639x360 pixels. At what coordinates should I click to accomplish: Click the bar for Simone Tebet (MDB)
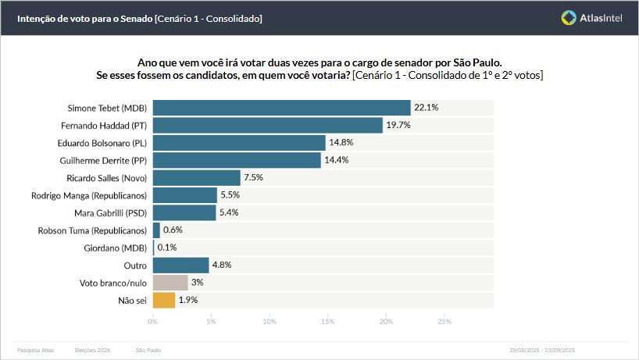click(281, 108)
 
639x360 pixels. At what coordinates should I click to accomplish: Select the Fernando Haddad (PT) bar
click(267, 125)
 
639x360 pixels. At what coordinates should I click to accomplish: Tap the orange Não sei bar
click(163, 300)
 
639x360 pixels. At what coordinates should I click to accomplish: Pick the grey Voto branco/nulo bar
click(170, 283)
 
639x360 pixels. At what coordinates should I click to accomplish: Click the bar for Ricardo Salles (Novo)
click(196, 178)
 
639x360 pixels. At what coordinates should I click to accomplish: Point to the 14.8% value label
click(341, 143)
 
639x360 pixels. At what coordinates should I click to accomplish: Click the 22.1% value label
click(426, 108)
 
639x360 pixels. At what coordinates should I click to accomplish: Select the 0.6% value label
click(172, 230)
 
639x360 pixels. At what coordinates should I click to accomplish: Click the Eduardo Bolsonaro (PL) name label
click(102, 143)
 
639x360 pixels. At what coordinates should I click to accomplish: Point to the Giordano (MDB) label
click(115, 248)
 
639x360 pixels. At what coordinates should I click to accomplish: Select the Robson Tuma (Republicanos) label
click(92, 230)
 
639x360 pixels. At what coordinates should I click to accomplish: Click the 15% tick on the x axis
click(327, 321)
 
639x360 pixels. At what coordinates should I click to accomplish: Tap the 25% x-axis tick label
click(444, 321)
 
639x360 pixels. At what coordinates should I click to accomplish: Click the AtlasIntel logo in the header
click(591, 17)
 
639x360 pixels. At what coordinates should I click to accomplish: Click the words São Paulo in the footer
click(148, 351)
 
